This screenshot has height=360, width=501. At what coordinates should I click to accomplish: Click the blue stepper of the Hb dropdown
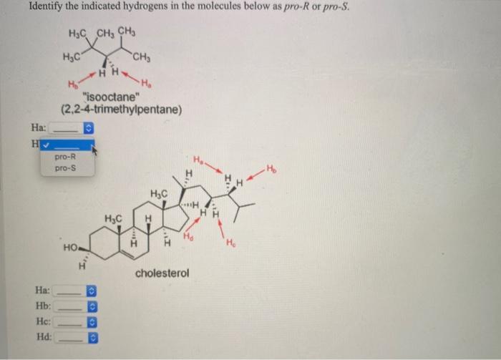[91, 307]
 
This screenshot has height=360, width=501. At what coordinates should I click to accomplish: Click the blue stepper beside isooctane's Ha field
[89, 129]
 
